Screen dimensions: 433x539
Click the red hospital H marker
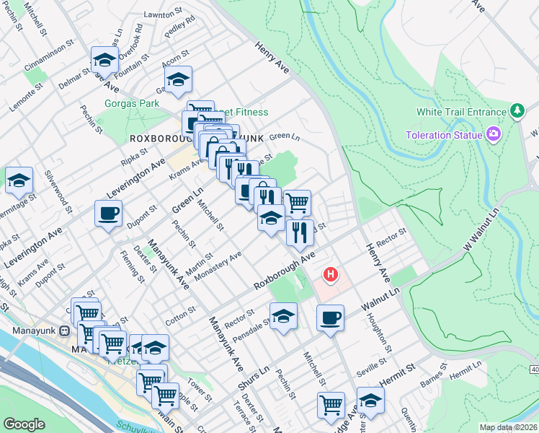click(x=331, y=275)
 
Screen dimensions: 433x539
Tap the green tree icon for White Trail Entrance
click(x=516, y=111)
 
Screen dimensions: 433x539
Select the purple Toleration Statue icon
click(x=494, y=134)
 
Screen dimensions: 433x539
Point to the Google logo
click(x=24, y=424)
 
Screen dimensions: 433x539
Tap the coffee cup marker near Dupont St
click(x=108, y=213)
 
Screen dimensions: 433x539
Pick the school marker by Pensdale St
click(x=284, y=315)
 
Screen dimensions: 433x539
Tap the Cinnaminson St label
click(x=49, y=51)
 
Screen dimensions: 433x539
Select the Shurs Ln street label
click(x=253, y=378)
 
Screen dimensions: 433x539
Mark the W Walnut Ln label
click(x=481, y=244)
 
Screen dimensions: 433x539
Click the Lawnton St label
click(x=163, y=14)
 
